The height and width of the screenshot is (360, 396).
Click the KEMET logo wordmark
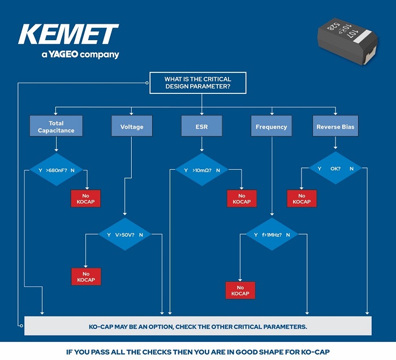(x=68, y=35)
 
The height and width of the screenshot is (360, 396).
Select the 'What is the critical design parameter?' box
(x=197, y=83)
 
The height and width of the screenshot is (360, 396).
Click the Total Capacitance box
(x=56, y=126)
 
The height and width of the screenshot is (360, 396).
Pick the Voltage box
(x=132, y=127)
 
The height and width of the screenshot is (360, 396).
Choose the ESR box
(x=201, y=127)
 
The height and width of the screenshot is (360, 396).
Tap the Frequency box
(x=271, y=127)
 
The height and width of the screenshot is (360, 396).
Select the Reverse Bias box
(x=335, y=127)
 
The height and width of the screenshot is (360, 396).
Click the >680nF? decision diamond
(x=56, y=169)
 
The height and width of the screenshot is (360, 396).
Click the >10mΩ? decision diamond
(x=201, y=169)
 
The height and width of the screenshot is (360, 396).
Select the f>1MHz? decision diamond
(x=271, y=234)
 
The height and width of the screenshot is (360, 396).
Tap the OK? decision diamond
(x=335, y=168)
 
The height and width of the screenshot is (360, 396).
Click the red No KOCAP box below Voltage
(x=86, y=277)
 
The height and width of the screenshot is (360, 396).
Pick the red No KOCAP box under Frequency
(x=240, y=290)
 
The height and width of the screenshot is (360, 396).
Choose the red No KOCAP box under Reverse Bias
(x=302, y=199)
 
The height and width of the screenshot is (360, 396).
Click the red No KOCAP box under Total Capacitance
(x=86, y=199)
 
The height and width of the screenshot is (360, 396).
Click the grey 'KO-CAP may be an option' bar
(x=198, y=327)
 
